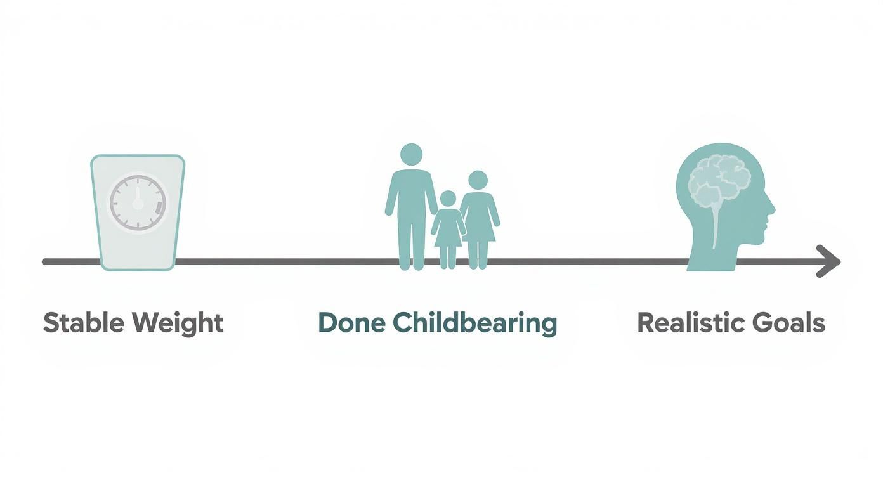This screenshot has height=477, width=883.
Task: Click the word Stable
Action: pyautogui.click(x=84, y=323)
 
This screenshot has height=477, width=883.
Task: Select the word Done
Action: pyautogui.click(x=351, y=323)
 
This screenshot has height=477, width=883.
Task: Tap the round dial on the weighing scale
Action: pyautogui.click(x=138, y=204)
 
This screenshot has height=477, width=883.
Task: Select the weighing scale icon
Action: pyautogui.click(x=138, y=212)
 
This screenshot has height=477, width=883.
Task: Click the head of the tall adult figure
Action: pyautogui.click(x=411, y=154)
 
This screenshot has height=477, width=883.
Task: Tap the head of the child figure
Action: pyautogui.click(x=448, y=199)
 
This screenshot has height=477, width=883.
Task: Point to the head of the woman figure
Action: pyautogui.click(x=478, y=180)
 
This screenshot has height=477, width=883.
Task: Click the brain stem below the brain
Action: pyautogui.click(x=716, y=225)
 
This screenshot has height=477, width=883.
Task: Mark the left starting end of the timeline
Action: pyautogui.click(x=45, y=261)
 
